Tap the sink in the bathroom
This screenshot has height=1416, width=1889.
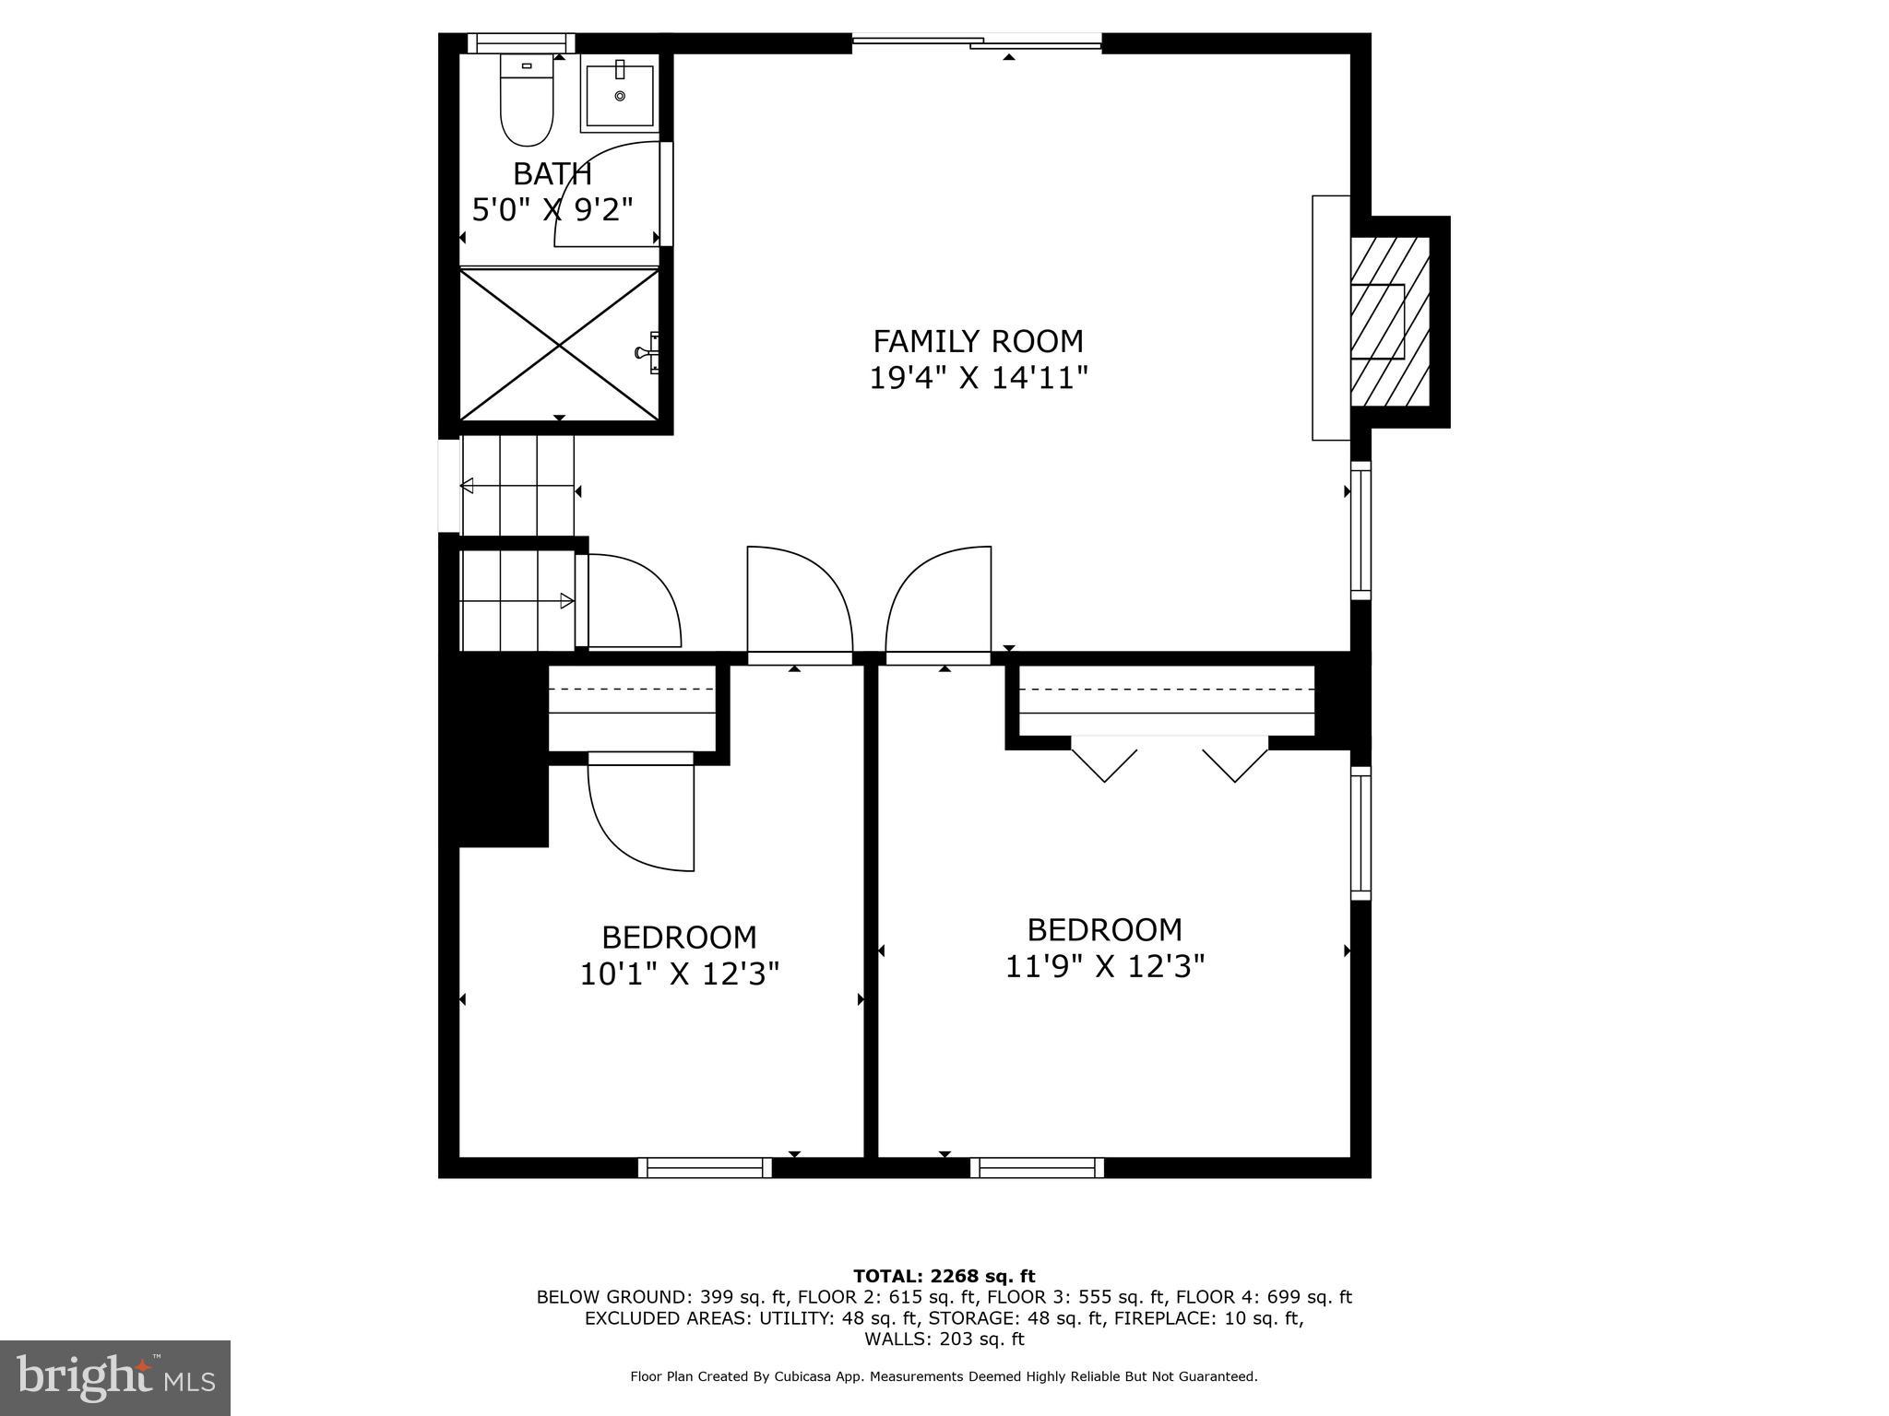pos(618,94)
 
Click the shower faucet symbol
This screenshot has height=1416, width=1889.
pos(648,352)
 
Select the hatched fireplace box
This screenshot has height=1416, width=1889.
pos(1389,321)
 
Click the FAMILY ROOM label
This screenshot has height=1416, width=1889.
pos(978,341)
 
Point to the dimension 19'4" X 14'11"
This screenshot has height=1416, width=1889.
pos(978,378)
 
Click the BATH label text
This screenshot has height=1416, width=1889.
pos(552,173)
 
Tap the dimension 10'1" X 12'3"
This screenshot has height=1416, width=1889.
pos(679,974)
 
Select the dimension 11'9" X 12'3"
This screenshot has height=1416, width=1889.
pos(1104,966)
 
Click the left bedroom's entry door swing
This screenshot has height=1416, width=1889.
pos(798,599)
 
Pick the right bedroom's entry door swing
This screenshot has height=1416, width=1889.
pos(939,599)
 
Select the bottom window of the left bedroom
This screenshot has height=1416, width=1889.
pos(705,1168)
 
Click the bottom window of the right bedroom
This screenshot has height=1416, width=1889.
pos(1037,1168)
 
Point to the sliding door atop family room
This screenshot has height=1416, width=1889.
pos(976,41)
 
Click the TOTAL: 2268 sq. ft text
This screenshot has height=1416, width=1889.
pos(944,1276)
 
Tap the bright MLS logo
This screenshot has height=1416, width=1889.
pos(114,1377)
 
